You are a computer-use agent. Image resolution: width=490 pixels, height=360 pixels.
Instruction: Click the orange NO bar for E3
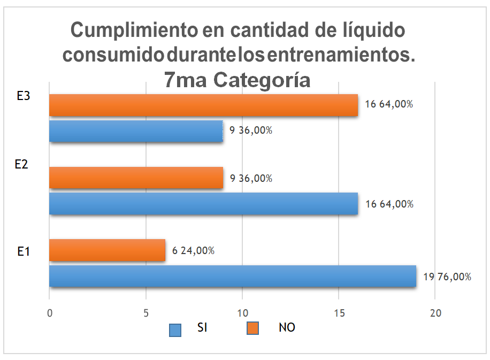click(203, 105)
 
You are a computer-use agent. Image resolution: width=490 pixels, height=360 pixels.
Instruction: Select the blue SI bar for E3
click(136, 131)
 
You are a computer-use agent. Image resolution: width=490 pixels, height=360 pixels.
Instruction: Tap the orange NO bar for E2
click(136, 178)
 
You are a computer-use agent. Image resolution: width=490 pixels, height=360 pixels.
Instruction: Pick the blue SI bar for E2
click(203, 204)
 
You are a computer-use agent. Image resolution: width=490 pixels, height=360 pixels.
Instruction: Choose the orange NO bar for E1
click(107, 250)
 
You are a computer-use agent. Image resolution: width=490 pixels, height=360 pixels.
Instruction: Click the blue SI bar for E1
click(233, 277)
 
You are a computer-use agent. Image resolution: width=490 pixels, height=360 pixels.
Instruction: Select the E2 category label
click(21, 165)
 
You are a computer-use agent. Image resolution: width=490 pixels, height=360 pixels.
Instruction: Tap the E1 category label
click(22, 251)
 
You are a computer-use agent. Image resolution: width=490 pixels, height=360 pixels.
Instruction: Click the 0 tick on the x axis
click(50, 313)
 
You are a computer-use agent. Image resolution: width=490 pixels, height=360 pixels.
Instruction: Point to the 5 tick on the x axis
click(146, 313)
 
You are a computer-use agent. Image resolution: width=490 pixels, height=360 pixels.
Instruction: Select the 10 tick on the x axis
click(242, 313)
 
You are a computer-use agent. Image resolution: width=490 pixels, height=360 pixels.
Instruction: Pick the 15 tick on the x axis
click(339, 313)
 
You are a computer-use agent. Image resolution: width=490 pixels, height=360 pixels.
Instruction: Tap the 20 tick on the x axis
click(435, 313)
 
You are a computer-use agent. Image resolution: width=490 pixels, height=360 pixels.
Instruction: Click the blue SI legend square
click(175, 330)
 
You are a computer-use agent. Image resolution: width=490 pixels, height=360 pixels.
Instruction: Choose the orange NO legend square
click(252, 328)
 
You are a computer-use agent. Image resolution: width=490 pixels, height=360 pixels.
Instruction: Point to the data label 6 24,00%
click(193, 251)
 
